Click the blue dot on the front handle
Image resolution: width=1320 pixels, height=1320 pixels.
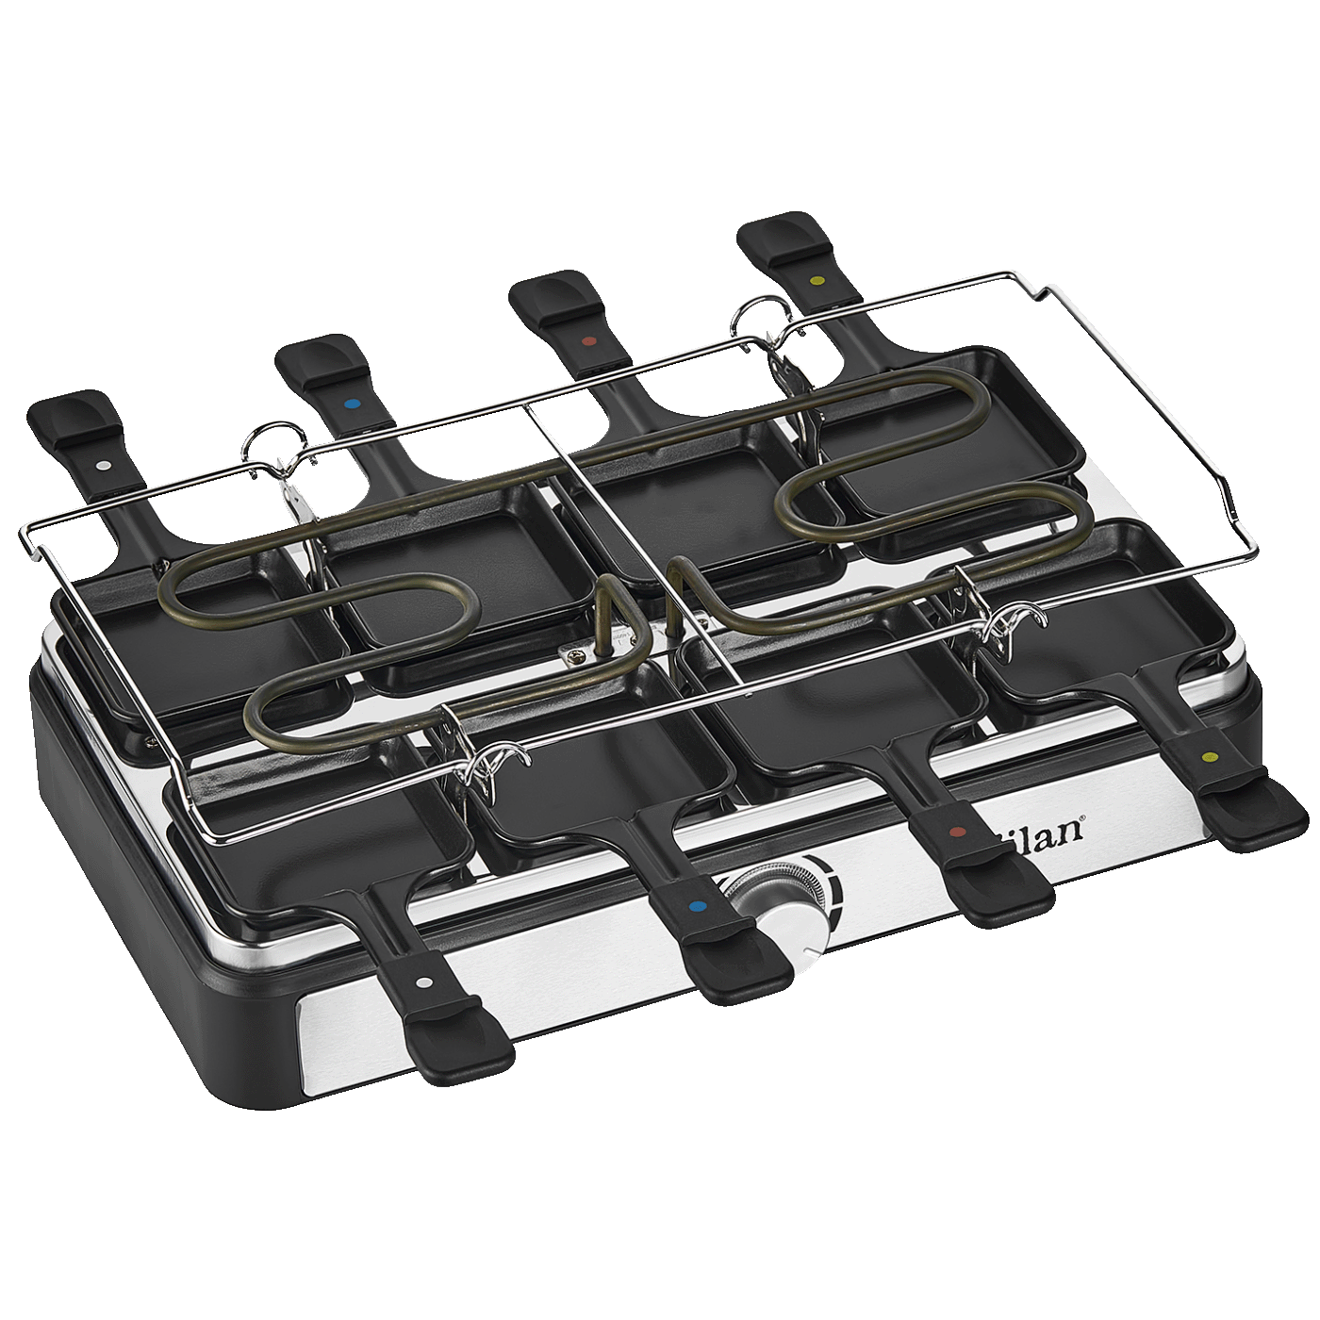[698, 907]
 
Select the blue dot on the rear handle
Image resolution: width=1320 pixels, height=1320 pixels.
[352, 404]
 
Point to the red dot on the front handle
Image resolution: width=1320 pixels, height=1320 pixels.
[958, 833]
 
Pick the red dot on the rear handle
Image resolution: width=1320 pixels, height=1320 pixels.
[589, 341]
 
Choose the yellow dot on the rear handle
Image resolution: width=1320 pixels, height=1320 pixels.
[817, 281]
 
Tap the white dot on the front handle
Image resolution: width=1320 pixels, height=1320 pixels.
[424, 982]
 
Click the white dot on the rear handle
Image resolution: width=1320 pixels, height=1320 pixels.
[103, 466]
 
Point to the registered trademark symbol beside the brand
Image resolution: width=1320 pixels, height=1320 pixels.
[1081, 819]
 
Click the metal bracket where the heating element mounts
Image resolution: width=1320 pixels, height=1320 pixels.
[586, 651]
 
